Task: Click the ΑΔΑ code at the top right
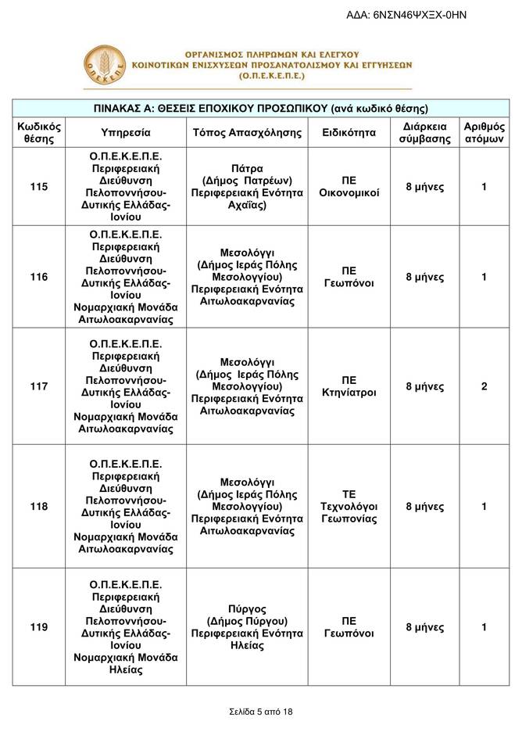click(x=417, y=14)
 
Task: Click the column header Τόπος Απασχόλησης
click(x=247, y=133)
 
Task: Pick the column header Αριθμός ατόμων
click(x=484, y=133)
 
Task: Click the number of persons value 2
click(x=484, y=386)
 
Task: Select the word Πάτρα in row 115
click(x=247, y=168)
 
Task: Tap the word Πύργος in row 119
click(x=247, y=608)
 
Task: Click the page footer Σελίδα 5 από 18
click(x=261, y=712)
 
